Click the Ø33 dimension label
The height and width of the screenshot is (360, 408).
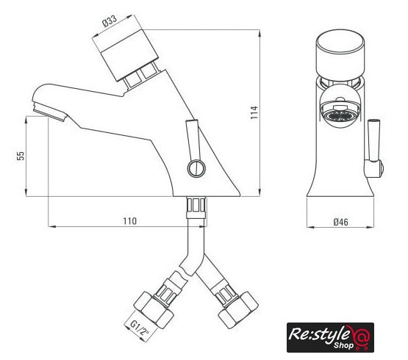110,21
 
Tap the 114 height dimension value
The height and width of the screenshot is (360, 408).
254,112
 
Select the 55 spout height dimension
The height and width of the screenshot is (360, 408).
21,156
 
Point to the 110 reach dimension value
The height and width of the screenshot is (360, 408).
129,221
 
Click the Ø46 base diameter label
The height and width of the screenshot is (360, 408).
340,222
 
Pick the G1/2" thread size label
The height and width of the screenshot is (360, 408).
140,328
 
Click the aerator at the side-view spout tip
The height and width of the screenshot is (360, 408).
49,112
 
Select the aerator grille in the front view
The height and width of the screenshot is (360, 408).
340,115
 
